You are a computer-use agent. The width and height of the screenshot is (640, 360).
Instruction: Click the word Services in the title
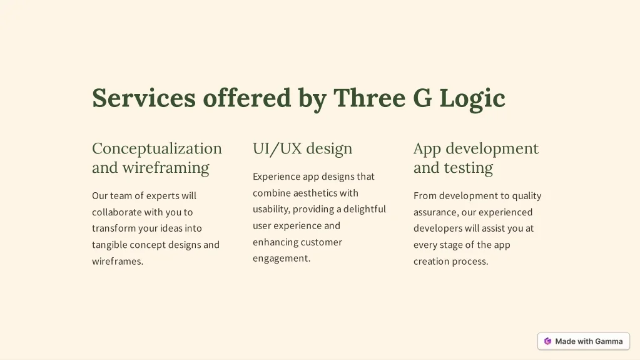[x=144, y=98]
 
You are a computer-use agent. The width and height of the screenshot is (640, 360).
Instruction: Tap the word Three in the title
[x=369, y=98]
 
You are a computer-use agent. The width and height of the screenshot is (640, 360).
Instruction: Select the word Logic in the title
[x=472, y=99]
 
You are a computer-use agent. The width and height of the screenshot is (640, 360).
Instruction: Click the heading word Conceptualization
[x=157, y=149]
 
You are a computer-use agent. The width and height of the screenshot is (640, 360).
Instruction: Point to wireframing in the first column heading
[x=166, y=168]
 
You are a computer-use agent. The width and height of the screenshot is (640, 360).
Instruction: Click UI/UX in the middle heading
[x=277, y=149]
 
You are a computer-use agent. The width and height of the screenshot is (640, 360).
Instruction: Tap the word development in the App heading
[x=492, y=149]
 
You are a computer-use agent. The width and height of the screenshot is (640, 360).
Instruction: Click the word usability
[x=272, y=210]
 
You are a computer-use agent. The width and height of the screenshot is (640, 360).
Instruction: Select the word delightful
[x=365, y=209]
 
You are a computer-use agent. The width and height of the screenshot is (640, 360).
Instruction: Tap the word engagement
[x=282, y=259]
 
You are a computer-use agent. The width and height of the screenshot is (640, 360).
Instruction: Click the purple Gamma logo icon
[x=548, y=341]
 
